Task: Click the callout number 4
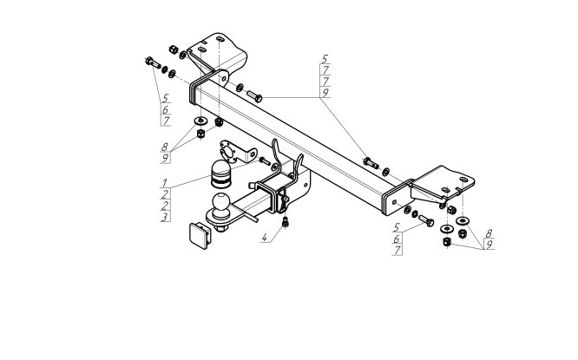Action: pos(265,238)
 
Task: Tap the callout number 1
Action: pos(165,183)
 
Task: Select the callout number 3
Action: pos(165,217)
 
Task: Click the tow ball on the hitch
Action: pos(221,203)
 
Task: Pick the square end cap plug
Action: pos(200,235)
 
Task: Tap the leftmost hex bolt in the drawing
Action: pos(153,62)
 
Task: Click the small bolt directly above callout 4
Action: pos(285,222)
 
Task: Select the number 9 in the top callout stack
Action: pos(325,93)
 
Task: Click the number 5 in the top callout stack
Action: pos(325,59)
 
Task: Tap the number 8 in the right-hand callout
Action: pos(489,233)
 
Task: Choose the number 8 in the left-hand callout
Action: pos(165,147)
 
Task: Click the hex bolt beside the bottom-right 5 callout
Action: pos(426,220)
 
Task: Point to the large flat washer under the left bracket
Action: pos(200,121)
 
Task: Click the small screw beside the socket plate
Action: pos(265,161)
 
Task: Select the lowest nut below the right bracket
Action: pos(447,242)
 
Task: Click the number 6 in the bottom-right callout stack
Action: pos(397,239)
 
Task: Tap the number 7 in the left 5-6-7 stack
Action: pos(166,121)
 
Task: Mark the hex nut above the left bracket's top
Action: pos(174,49)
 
